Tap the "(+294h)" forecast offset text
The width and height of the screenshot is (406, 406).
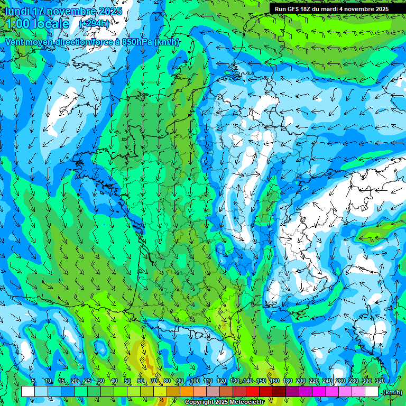(x=94, y=23)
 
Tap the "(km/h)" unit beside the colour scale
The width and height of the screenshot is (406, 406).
(x=392, y=392)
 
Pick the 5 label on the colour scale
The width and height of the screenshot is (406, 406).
(x=33, y=381)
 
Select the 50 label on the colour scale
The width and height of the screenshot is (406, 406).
(x=127, y=381)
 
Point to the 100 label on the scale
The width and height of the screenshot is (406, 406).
(x=195, y=381)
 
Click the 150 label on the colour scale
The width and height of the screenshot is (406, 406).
(x=261, y=381)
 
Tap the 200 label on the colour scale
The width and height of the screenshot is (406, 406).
(x=301, y=381)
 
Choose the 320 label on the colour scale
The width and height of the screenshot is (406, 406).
(x=380, y=381)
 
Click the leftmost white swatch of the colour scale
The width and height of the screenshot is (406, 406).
(x=28, y=392)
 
